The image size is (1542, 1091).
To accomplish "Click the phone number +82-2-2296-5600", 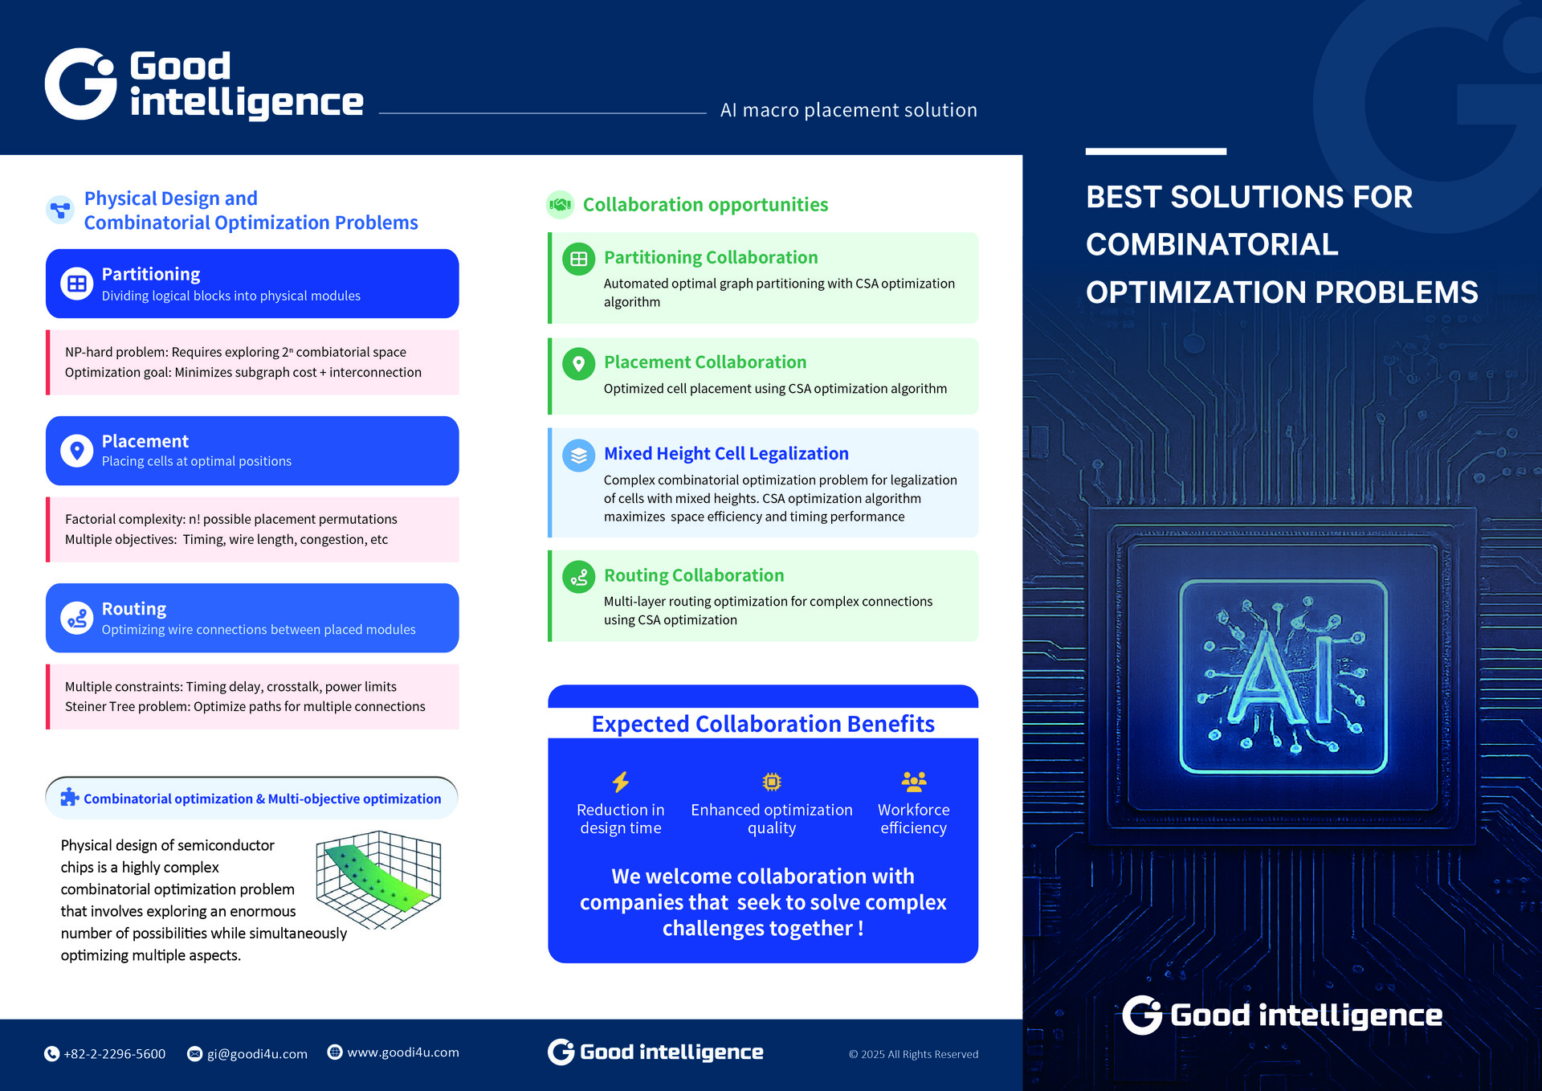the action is coord(114,1054).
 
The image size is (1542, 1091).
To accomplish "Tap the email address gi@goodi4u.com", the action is coord(257,1054).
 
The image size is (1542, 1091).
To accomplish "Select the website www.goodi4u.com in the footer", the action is coord(403,1052).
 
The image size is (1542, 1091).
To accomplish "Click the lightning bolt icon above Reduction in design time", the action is coord(621,782).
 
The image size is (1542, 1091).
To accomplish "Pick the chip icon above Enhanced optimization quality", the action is coord(772,782).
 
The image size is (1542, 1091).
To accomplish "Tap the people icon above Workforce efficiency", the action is coord(914,781).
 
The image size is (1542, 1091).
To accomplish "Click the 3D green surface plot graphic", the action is coord(378,880).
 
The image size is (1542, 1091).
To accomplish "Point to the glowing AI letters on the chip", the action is coord(1283,676).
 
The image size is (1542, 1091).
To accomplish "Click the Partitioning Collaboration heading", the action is coord(711,257).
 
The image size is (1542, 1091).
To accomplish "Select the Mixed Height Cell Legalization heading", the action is coord(726,453).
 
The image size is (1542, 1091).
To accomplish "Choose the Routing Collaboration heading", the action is coord(694,575).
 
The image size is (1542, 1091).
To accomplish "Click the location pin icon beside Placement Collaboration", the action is coord(578,364).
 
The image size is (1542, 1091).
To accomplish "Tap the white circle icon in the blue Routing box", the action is coord(77,619).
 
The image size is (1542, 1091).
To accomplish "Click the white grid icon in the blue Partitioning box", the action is coord(77,284).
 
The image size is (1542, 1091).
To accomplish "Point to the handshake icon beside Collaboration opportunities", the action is coord(560,205).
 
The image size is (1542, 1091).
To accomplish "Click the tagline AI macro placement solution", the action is coord(849,110).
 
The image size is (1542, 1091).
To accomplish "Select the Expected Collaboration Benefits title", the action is coord(763,724).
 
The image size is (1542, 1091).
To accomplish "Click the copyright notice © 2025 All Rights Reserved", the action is coord(914,1054).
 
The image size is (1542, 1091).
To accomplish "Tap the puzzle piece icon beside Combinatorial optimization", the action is coord(70,797).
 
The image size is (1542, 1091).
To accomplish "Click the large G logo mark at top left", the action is coord(80,84).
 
